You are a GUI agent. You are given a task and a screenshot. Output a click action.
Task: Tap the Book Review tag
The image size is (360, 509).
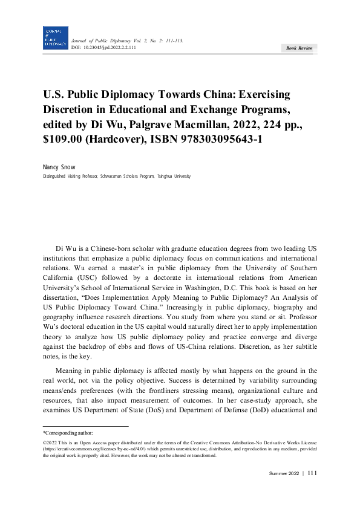coord(298,48)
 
